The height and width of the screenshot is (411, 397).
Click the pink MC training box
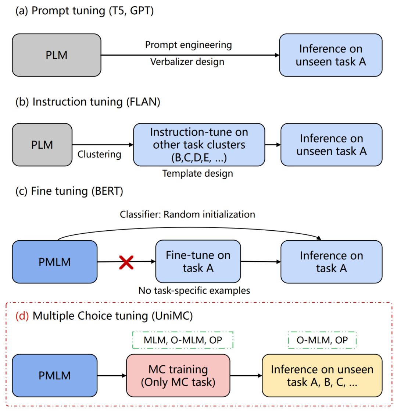coord(177,376)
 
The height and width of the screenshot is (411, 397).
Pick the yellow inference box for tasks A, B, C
coord(322,376)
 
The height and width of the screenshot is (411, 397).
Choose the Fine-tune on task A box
coord(197,262)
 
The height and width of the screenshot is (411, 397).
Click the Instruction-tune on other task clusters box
coord(199,144)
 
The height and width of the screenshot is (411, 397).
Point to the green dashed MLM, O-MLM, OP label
coord(183,340)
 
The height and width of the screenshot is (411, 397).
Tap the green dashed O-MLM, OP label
coord(322,340)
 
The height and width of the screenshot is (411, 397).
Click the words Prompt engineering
coord(188,45)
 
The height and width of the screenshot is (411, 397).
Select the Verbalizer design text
coord(187,62)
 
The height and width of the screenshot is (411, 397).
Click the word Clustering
coord(99,155)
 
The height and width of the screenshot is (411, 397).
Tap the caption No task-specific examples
coord(194,291)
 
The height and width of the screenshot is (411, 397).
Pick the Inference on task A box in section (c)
coord(331,262)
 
